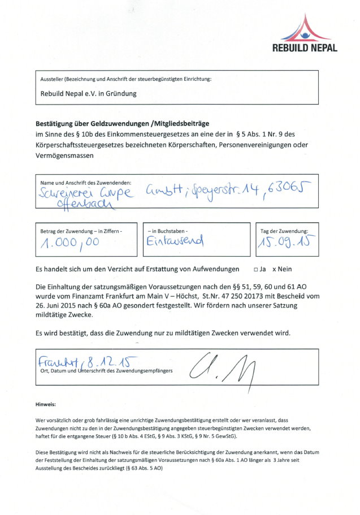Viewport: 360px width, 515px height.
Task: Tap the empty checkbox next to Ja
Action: [256, 270]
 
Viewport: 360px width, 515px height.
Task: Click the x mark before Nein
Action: [274, 270]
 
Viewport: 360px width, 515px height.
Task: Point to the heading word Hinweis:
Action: [46, 405]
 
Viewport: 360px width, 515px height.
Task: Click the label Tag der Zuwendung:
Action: [284, 231]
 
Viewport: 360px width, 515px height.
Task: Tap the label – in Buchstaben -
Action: [168, 231]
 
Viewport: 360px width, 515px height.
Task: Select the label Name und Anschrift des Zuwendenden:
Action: [86, 183]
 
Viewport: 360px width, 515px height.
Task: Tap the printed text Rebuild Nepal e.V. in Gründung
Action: [88, 94]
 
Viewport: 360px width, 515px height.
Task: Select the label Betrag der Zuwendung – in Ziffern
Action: [81, 231]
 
